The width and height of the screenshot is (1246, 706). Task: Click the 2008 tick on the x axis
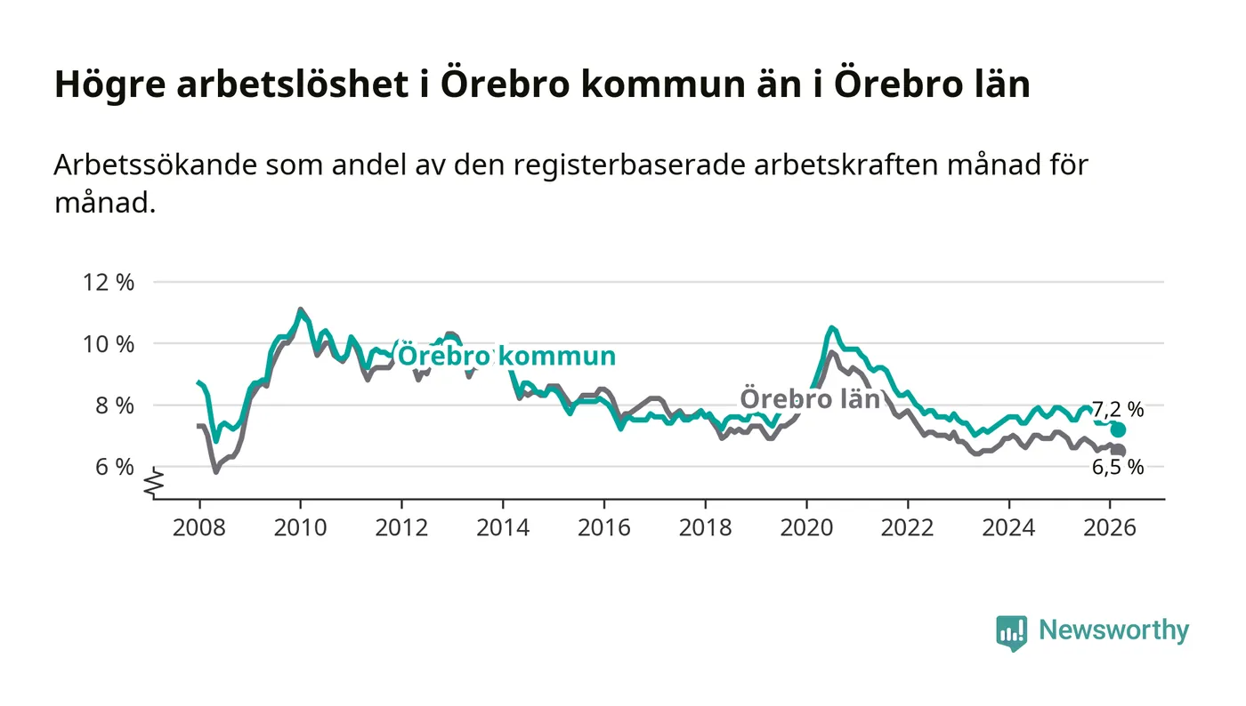198,527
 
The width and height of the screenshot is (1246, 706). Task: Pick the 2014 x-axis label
502,527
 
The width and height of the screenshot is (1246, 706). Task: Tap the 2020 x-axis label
806,527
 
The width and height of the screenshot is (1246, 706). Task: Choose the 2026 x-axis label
1110,527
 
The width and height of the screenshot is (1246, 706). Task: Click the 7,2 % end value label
1118,410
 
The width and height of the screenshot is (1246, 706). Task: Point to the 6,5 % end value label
1118,468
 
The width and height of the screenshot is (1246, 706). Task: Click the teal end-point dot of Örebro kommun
1119,429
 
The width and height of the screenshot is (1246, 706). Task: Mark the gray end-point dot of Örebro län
1119,451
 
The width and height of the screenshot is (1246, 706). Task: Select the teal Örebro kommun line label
506,357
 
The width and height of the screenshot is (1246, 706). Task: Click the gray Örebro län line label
810,399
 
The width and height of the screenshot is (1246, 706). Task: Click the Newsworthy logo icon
1011,632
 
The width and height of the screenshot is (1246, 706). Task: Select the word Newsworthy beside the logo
1113,630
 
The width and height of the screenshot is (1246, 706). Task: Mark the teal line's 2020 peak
831,328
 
